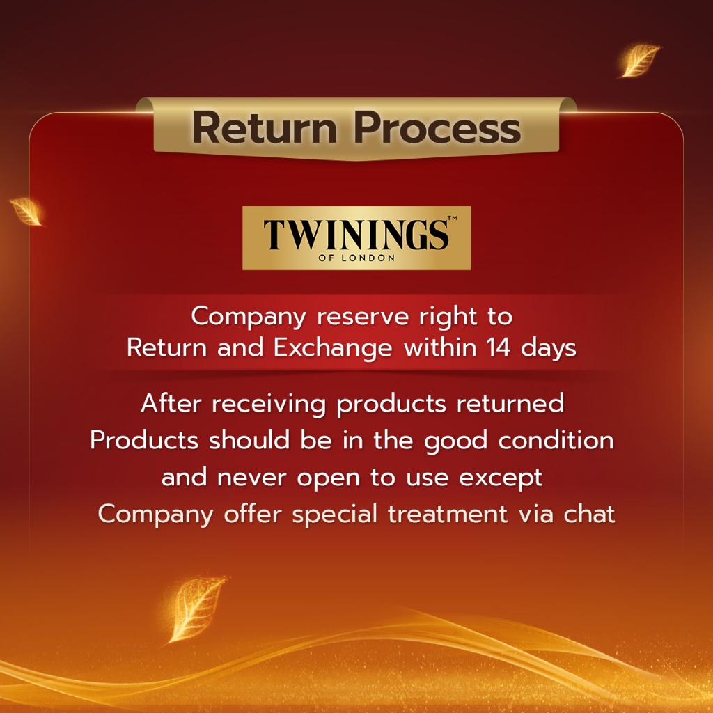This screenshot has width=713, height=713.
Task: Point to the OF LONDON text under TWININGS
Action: [356, 258]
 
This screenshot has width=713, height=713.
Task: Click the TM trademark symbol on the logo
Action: [451, 219]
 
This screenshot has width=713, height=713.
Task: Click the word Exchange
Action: [333, 347]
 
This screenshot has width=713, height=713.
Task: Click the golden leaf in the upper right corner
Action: [639, 60]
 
